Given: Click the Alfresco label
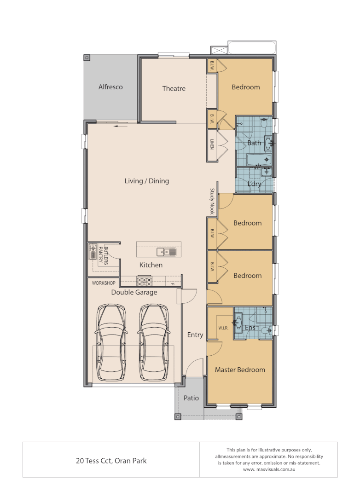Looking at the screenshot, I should pos(110,87).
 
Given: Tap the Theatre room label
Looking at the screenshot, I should pos(174,88).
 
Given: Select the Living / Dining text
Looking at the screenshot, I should pos(147,181).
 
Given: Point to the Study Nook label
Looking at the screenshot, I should pos(213,202).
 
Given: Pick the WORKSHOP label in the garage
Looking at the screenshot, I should pos(104,283).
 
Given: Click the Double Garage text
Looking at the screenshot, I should pos(134,292).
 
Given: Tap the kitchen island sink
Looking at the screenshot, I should pos(166,252).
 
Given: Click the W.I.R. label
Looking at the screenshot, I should pos(223,328).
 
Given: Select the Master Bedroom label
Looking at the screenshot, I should pos(240,370).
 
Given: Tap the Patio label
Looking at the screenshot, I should pos(191,398).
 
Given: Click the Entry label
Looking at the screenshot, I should pos(195,335).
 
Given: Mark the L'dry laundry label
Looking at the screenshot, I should pos(254,184).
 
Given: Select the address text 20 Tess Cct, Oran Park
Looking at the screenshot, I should pos(111,460).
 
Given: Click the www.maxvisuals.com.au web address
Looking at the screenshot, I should pos(269,469).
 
